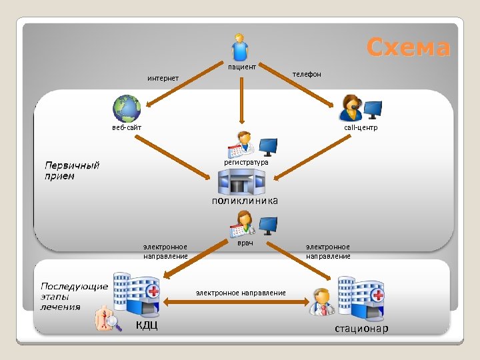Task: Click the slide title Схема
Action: pyautogui.click(x=408, y=47)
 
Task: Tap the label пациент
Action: pyautogui.click(x=242, y=67)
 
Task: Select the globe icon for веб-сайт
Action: pyautogui.click(x=127, y=108)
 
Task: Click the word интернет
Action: pyautogui.click(x=163, y=79)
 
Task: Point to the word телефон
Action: pyautogui.click(x=307, y=74)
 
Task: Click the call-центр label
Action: pyautogui.click(x=361, y=127)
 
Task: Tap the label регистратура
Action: pyautogui.click(x=246, y=162)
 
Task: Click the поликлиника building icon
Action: pyautogui.click(x=241, y=181)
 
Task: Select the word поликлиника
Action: pyautogui.click(x=245, y=200)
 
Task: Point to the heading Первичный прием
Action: pyautogui.click(x=72, y=170)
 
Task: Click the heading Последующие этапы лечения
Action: pyautogui.click(x=74, y=296)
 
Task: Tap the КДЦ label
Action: pyautogui.click(x=147, y=325)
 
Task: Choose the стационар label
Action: pyautogui.click(x=361, y=329)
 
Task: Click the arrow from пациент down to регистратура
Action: pyautogui.click(x=241, y=100)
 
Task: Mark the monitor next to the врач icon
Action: pyautogui.click(x=268, y=225)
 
